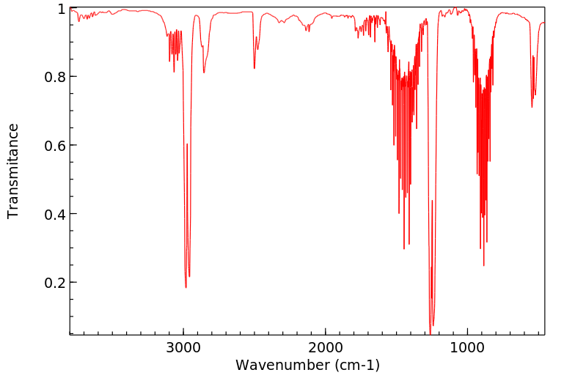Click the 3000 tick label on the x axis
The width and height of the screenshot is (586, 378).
click(x=183, y=347)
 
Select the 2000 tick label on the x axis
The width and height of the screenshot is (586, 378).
click(x=326, y=347)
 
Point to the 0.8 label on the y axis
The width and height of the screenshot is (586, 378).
click(x=56, y=77)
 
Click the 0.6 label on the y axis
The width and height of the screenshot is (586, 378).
click(x=56, y=145)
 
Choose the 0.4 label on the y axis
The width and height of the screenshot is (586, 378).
click(x=56, y=214)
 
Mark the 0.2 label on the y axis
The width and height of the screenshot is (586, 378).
click(x=56, y=283)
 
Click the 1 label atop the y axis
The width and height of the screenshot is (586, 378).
click(x=62, y=9)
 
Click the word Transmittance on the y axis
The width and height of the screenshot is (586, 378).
click(x=13, y=171)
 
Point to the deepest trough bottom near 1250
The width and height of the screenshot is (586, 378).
click(x=430, y=332)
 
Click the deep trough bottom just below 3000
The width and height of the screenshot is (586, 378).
click(x=186, y=287)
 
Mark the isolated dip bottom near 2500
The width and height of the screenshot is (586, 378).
click(x=254, y=68)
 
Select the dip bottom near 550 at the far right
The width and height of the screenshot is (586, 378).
click(x=532, y=107)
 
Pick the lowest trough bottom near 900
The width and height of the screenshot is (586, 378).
click(x=483, y=265)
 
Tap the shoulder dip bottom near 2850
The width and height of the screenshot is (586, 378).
click(x=204, y=72)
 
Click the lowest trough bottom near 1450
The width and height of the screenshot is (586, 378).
click(x=403, y=248)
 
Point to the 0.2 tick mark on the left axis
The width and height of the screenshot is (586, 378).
click(x=71, y=283)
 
